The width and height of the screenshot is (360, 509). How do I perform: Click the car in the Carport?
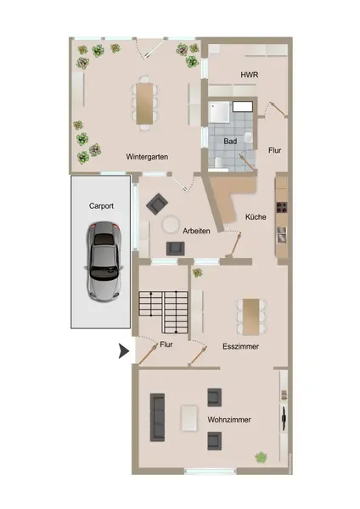click(x=104, y=261)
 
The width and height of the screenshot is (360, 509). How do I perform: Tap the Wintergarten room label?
click(x=147, y=157)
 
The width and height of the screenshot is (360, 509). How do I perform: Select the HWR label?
click(x=250, y=75)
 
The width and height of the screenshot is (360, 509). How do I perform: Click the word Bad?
click(x=230, y=141)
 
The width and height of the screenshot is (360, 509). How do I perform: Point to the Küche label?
click(x=256, y=217)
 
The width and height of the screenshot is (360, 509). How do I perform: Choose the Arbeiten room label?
click(x=196, y=231)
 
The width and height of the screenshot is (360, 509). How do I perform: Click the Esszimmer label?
click(x=241, y=346)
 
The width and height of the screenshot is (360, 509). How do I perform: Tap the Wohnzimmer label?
click(x=229, y=420)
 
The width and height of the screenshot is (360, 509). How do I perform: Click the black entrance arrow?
click(x=123, y=351)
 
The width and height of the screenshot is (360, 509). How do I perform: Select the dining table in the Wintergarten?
click(x=144, y=103)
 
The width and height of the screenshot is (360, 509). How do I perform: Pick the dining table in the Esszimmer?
click(x=251, y=316)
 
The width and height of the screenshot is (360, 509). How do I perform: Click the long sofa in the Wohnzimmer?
click(x=157, y=417)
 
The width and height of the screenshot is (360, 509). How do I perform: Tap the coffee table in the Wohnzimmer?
click(x=189, y=418)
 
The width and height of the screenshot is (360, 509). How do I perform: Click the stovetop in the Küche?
click(x=282, y=207)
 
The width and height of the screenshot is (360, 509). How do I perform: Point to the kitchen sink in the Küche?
click(x=282, y=235)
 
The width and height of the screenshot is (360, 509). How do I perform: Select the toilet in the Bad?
click(x=217, y=163)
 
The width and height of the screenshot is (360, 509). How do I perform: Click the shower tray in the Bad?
click(x=219, y=112)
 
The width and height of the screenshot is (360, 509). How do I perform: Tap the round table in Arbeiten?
click(x=171, y=225)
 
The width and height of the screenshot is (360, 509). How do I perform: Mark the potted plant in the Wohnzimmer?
click(x=261, y=458)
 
